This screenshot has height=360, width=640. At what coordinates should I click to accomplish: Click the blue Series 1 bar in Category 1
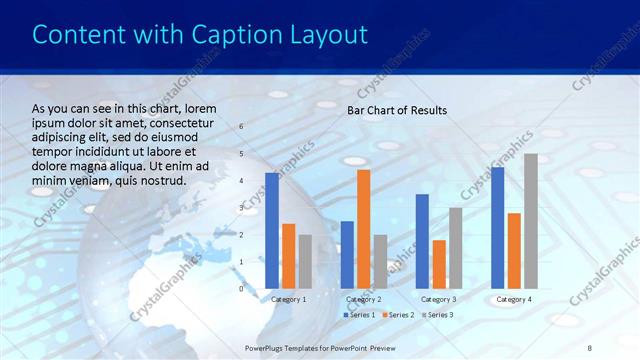pos(272,231)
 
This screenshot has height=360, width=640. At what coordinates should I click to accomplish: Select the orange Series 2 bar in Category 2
pos(363,229)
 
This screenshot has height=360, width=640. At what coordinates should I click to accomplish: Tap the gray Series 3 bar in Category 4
pos(530,221)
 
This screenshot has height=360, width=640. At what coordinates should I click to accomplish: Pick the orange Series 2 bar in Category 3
pos(439,264)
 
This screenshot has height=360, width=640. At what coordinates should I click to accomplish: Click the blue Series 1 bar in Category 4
pos(497,228)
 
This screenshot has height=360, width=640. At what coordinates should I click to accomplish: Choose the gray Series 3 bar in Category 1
pos(305,262)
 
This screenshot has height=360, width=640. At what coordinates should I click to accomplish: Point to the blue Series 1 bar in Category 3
pos(422,241)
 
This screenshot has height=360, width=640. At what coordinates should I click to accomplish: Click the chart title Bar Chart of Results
pos(397,110)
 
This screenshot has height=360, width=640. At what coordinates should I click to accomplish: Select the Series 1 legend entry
pos(359,315)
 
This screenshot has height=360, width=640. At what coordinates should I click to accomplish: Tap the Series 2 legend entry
pos(397,315)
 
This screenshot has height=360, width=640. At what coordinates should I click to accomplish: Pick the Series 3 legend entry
pos(436,315)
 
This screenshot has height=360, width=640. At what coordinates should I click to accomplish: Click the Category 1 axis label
pos(289,299)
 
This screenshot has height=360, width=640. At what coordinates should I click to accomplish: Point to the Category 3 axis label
pos(439,299)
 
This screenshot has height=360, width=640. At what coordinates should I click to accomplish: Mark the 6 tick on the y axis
pos(240,126)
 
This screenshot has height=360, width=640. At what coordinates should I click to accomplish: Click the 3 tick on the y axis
pos(240,207)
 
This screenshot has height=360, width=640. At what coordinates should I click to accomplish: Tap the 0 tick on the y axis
pos(240,288)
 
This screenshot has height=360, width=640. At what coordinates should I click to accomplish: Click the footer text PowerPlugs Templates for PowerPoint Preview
pos(321,346)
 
